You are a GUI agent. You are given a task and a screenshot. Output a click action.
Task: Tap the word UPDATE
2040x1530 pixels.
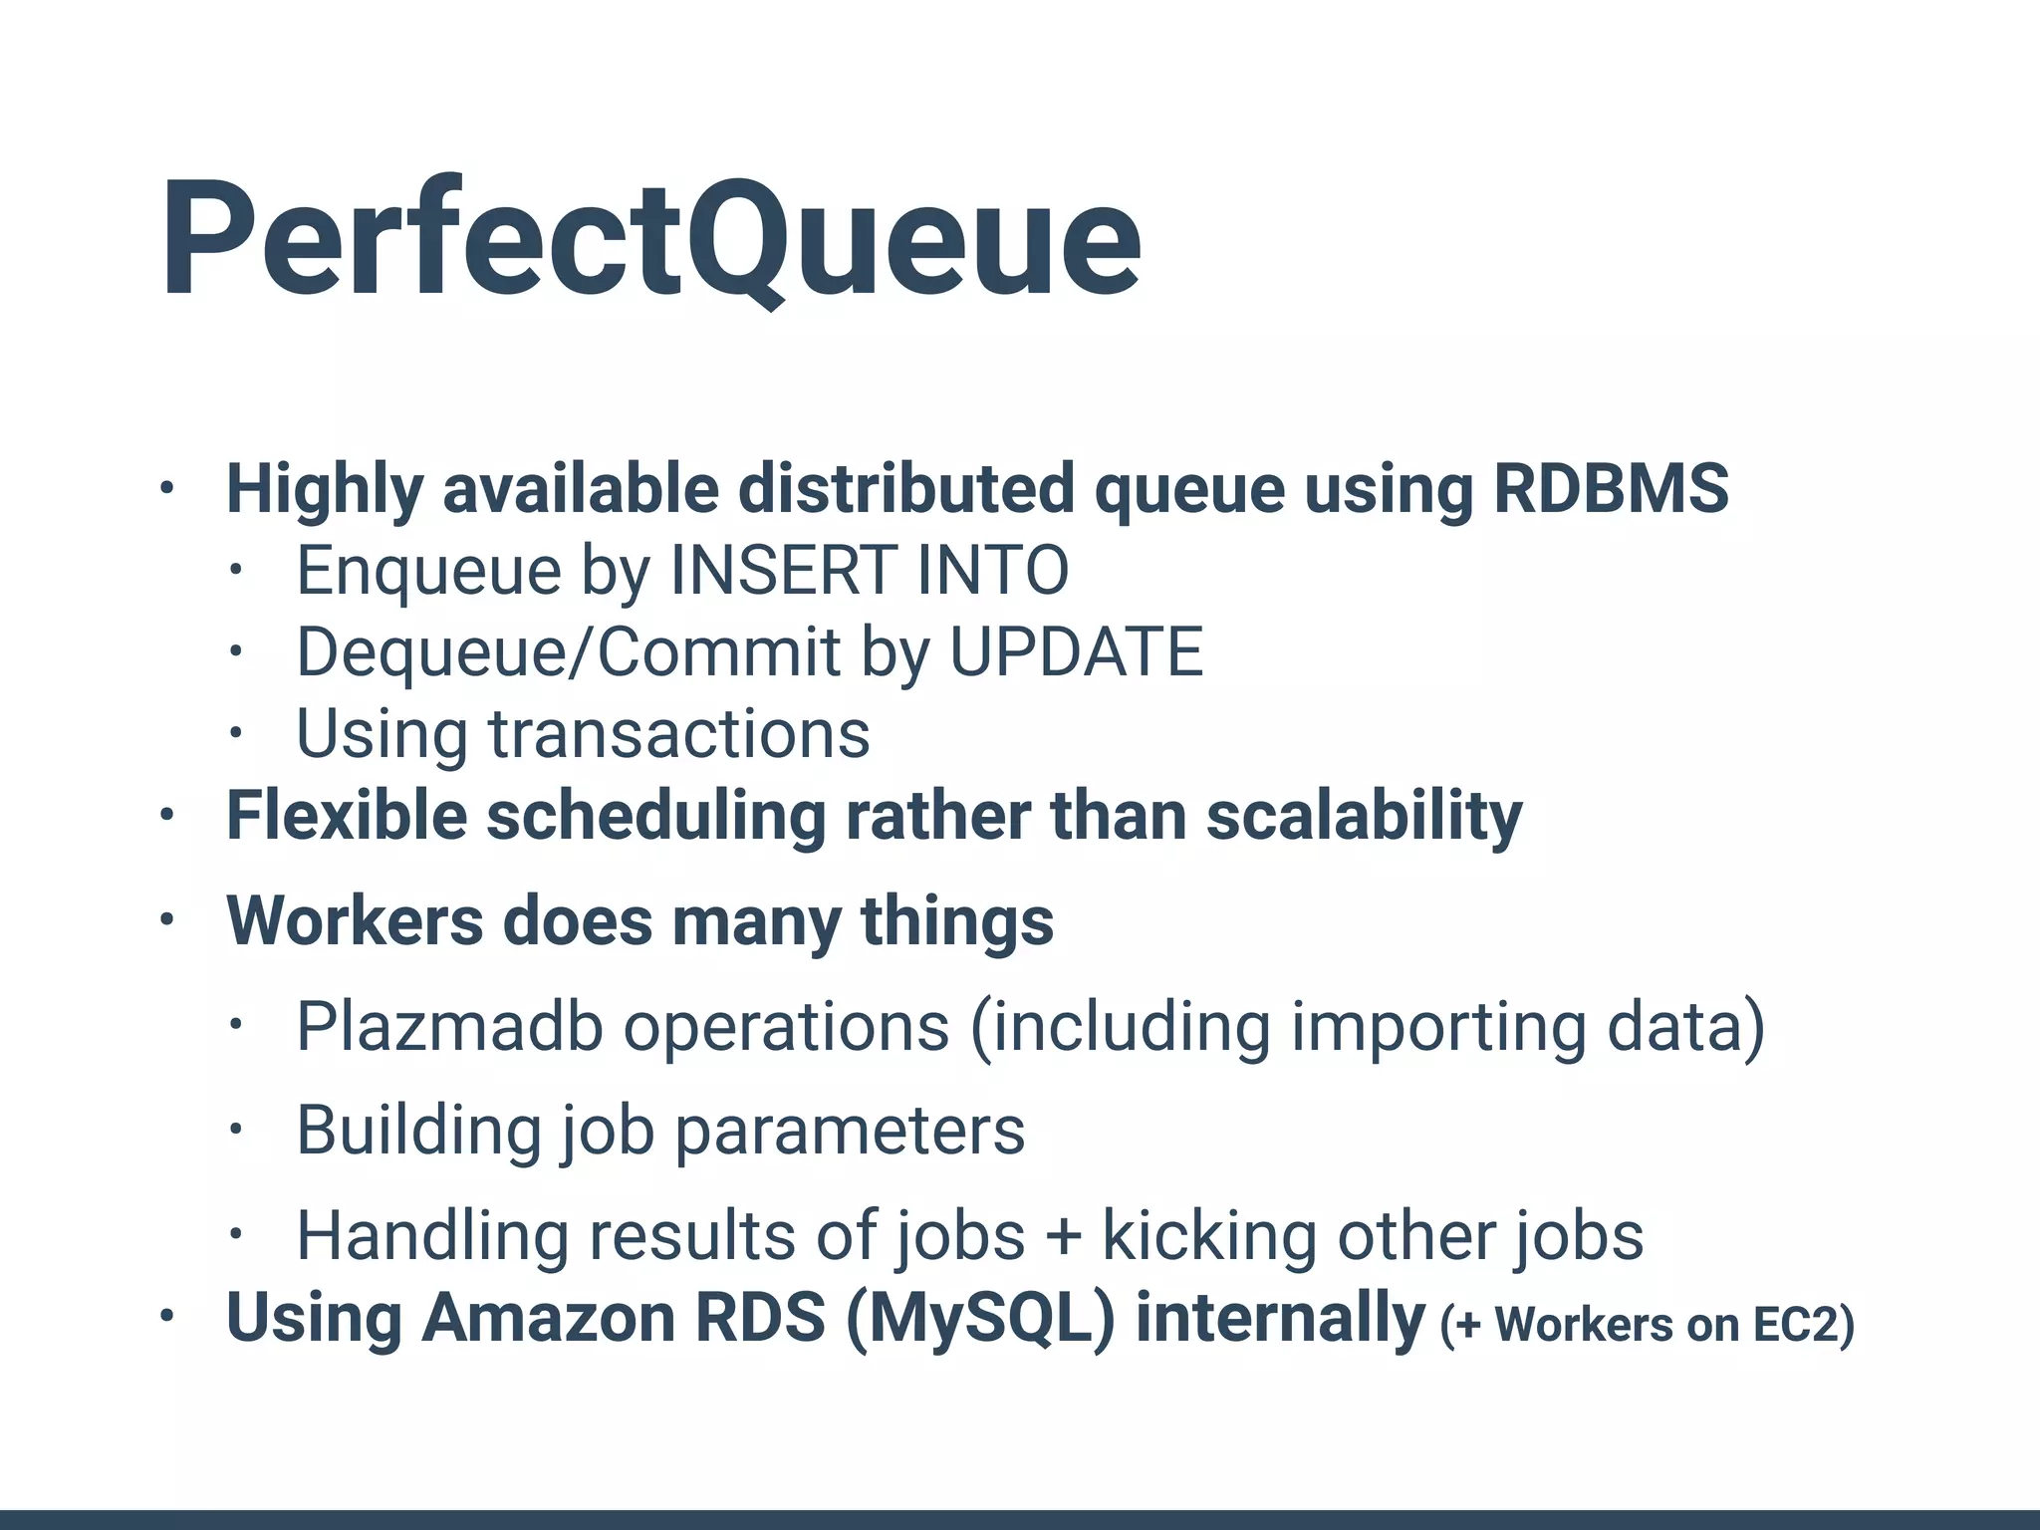(x=1076, y=651)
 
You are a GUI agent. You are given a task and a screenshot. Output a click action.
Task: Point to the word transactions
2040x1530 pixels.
(x=679, y=733)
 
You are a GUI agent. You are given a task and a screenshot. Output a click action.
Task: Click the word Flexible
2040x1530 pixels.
(x=347, y=816)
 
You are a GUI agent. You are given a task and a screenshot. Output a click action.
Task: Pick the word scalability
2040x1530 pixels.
(x=1364, y=816)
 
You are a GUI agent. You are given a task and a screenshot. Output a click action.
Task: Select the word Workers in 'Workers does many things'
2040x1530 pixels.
(x=355, y=920)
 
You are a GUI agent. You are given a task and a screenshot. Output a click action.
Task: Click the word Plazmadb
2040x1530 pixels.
(x=449, y=1026)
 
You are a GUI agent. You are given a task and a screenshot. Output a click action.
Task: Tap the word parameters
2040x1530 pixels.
(x=850, y=1131)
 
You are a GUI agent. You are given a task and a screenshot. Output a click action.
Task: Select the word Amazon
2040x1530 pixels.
(x=549, y=1318)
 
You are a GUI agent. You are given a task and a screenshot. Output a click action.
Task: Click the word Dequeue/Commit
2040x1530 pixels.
(x=569, y=651)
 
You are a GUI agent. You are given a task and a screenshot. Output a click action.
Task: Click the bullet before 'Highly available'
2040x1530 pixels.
(x=166, y=489)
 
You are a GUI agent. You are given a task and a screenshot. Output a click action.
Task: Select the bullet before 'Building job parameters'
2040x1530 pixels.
(x=235, y=1131)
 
